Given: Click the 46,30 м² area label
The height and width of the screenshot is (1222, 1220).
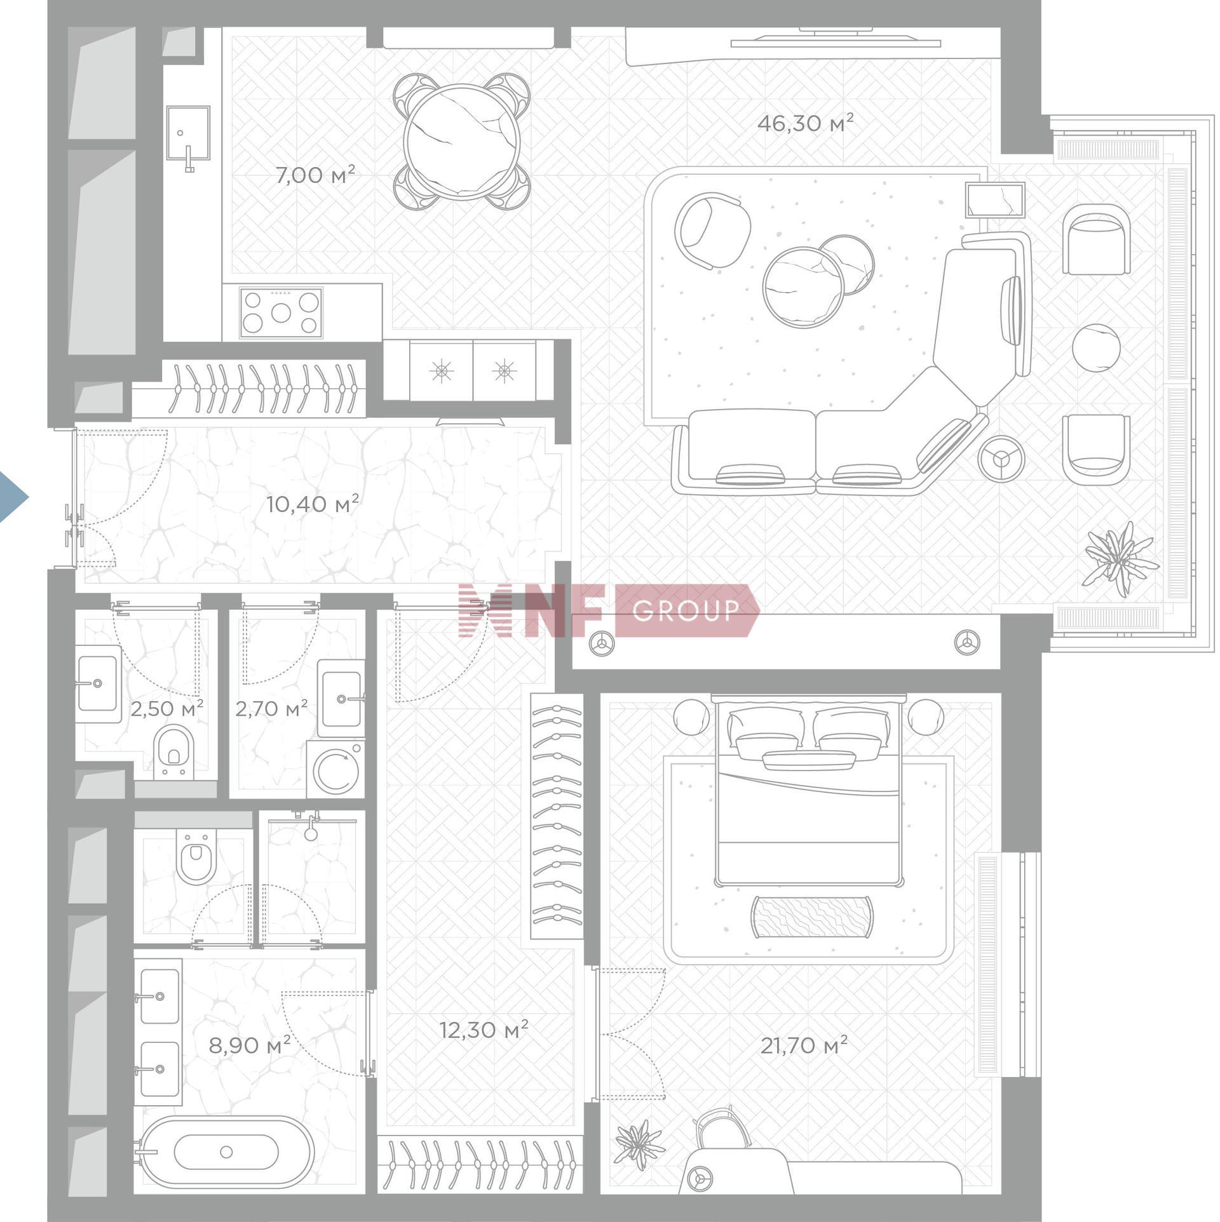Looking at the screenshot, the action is click(805, 123).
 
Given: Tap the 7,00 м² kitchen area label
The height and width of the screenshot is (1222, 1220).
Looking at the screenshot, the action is click(315, 175).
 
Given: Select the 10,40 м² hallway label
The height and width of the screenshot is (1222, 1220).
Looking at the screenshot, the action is click(312, 504).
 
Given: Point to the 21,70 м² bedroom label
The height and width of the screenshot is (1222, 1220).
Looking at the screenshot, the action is click(804, 1045).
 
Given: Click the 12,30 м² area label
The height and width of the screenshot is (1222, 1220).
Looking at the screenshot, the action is click(484, 1030).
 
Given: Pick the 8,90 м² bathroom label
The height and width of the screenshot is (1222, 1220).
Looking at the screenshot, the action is click(250, 1045).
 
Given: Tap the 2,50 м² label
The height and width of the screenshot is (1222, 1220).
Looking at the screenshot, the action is click(166, 708).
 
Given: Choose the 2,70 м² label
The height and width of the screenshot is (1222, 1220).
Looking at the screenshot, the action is click(271, 708).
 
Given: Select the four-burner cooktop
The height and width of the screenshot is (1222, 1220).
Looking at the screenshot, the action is click(281, 312).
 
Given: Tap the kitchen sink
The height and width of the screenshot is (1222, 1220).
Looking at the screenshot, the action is click(188, 132).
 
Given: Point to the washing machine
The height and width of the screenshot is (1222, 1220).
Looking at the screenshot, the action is click(335, 769).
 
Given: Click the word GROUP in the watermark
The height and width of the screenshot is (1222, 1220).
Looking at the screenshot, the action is click(686, 610).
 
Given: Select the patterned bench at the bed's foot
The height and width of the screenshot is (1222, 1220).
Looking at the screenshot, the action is click(811, 916).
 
